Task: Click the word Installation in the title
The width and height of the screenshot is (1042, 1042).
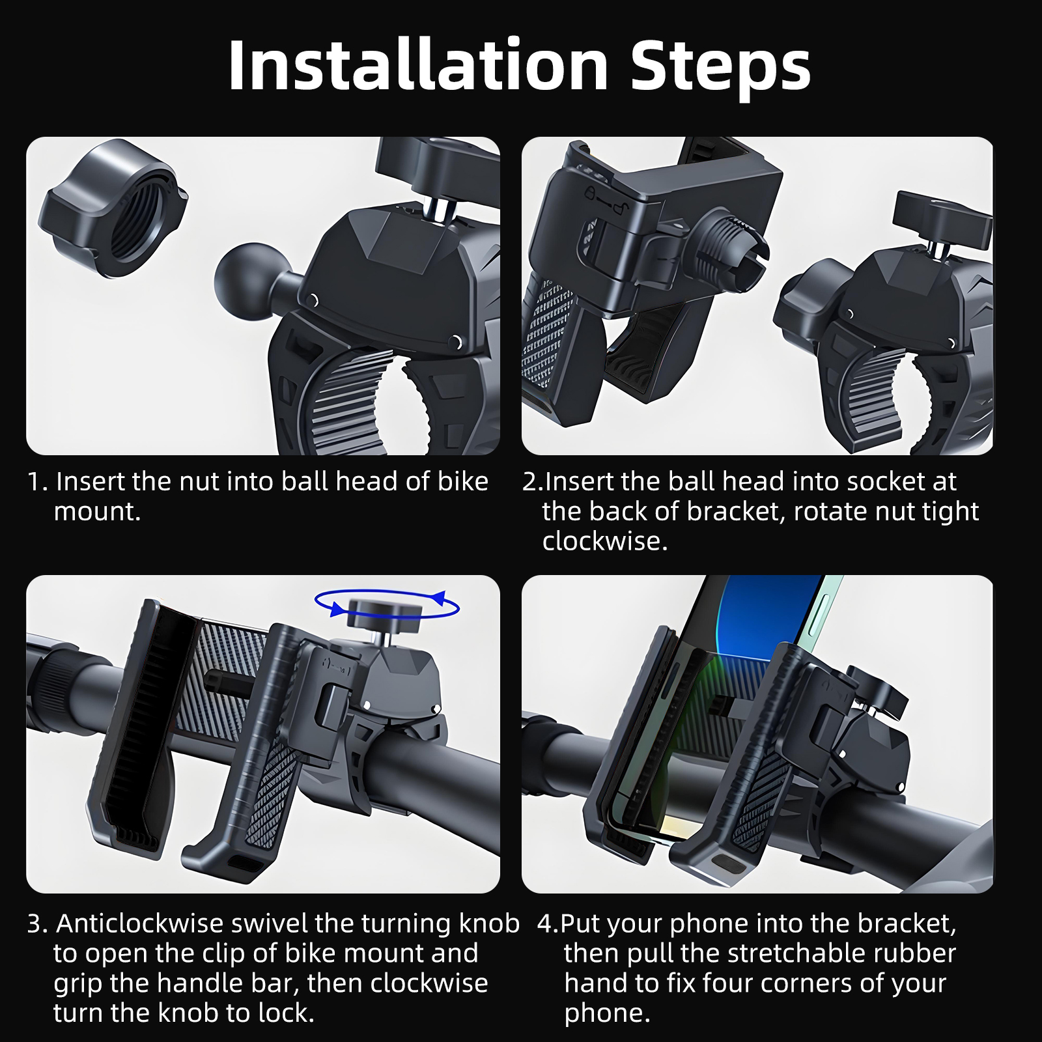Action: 418,65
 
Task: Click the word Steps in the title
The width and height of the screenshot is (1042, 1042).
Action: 721,68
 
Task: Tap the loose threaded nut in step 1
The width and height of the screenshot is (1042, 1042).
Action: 112,208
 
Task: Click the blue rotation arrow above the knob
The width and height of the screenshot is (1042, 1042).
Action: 387,604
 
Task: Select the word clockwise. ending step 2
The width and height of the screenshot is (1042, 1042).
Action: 605,541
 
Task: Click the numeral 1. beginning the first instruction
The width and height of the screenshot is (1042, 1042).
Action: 38,482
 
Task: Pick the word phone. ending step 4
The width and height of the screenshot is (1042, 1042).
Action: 607,1014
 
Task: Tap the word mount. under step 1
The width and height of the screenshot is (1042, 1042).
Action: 97,512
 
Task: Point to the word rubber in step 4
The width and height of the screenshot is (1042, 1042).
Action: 914,953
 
